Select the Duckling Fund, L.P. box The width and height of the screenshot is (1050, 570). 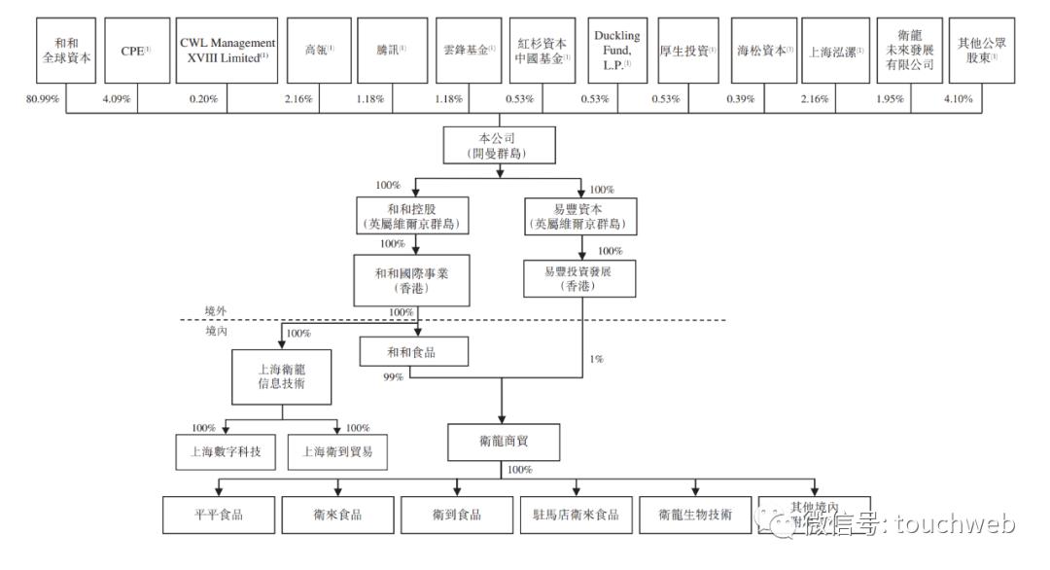pyautogui.click(x=617, y=51)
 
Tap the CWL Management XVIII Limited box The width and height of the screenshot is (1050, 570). pyautogui.click(x=227, y=51)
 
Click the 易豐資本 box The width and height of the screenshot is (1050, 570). pyautogui.click(x=580, y=216)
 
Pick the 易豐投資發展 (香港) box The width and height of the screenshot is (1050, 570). pyautogui.click(x=579, y=279)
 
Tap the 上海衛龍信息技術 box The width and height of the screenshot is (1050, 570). pyautogui.click(x=283, y=377)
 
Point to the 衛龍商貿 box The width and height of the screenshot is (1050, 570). pyautogui.click(x=504, y=443)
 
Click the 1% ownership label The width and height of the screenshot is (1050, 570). pyautogui.click(x=597, y=359)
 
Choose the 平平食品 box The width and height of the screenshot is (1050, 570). pyautogui.click(x=218, y=515)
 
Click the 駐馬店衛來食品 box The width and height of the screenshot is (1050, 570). pyautogui.click(x=576, y=515)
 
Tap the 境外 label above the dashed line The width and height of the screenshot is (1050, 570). pyautogui.click(x=215, y=310)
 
